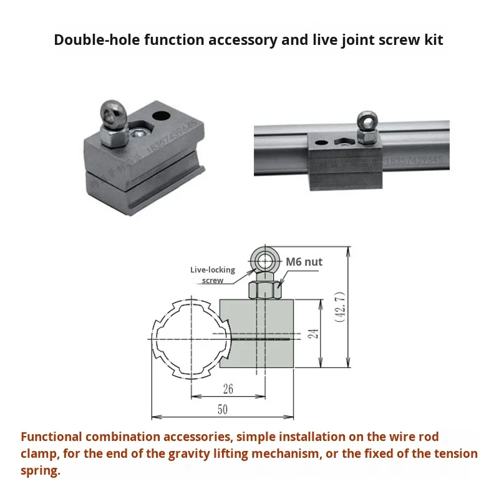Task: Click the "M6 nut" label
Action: click(304, 262)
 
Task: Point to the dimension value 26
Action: click(228, 388)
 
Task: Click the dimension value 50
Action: click(222, 409)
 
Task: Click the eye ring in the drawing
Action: click(266, 259)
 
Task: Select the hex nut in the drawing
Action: click(265, 289)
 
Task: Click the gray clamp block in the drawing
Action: click(257, 335)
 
